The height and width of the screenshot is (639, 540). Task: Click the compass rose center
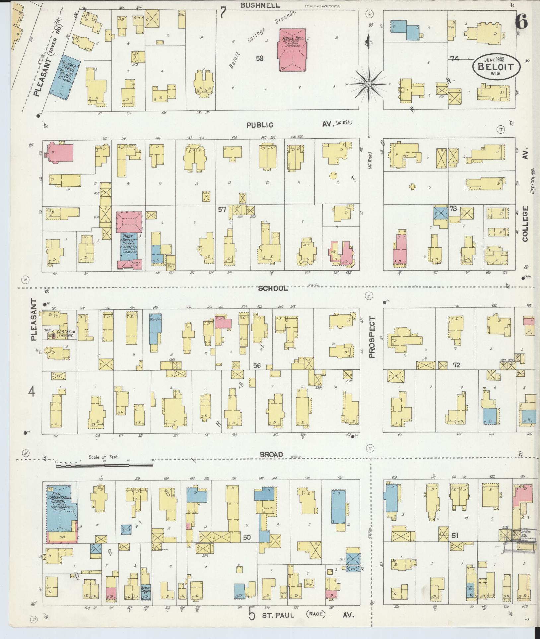pos(368,85)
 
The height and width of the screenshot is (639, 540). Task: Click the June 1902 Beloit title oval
pos(497,67)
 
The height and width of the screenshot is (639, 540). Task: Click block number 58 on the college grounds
pos(259,59)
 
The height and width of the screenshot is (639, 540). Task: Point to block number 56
pos(257,365)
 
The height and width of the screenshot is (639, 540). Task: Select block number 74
pos(454,58)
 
